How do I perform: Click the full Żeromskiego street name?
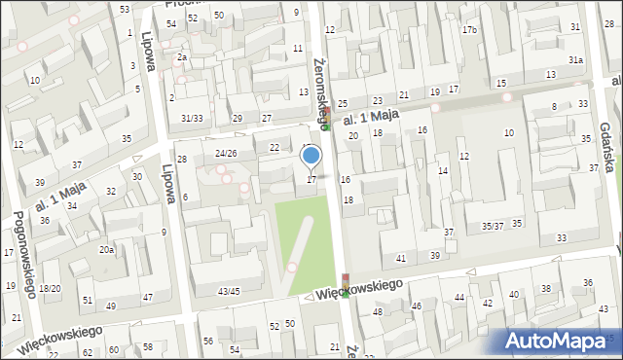coord(321,91)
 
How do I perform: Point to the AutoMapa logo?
coord(560,341)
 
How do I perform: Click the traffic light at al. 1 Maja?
coord(328,116)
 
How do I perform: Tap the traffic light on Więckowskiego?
coord(344,285)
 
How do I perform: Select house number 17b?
coord(470,30)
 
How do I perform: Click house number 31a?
coord(576,60)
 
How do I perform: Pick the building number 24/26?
coord(226,153)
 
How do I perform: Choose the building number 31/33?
coord(191,119)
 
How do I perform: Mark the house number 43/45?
coord(229,291)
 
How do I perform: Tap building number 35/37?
coord(493,226)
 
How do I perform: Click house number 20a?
coord(105,250)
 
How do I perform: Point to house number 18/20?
coord(50,288)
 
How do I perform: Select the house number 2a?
coord(181,57)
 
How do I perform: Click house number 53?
coord(125,9)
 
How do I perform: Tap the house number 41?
coord(401,258)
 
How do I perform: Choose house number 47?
coord(147,297)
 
